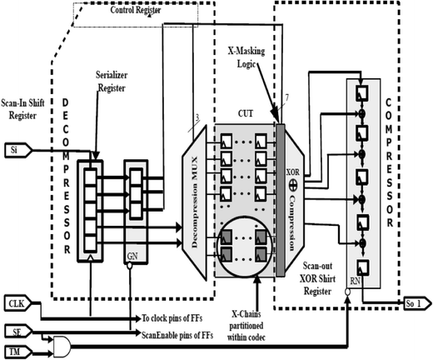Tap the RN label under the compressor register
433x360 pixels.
(x=356, y=281)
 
